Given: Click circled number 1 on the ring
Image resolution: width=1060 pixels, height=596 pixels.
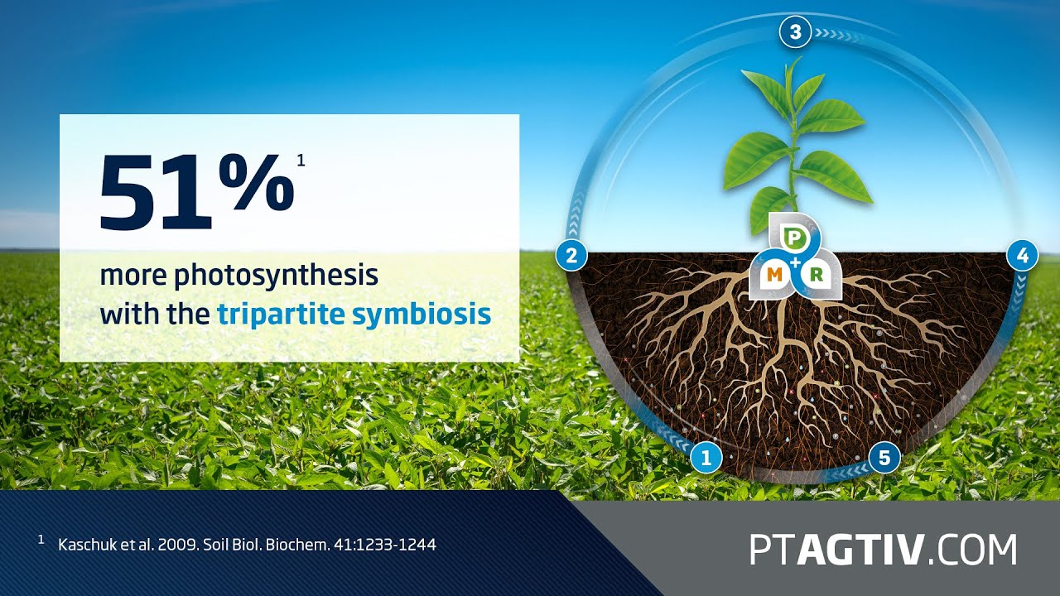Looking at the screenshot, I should point(706,456).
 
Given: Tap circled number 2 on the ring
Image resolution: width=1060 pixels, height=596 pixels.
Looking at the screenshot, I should point(571,254).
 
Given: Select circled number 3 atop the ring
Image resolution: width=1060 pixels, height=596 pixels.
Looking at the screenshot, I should point(795,33).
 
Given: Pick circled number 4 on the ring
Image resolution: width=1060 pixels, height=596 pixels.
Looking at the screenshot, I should point(1022,256).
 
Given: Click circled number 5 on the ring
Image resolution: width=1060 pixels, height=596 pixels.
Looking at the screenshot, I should point(884,456).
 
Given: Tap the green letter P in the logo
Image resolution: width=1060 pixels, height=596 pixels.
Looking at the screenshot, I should point(795,239).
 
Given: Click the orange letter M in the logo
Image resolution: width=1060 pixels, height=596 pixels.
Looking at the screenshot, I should point(776,274).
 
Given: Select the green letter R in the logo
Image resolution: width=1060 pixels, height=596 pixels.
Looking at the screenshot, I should point(816,274).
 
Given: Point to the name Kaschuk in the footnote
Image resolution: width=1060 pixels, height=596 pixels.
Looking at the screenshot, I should point(84,545).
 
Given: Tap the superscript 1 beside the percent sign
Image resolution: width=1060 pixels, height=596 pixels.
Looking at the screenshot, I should point(301,161).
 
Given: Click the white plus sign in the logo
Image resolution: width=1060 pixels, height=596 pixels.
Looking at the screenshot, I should point(796,262).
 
